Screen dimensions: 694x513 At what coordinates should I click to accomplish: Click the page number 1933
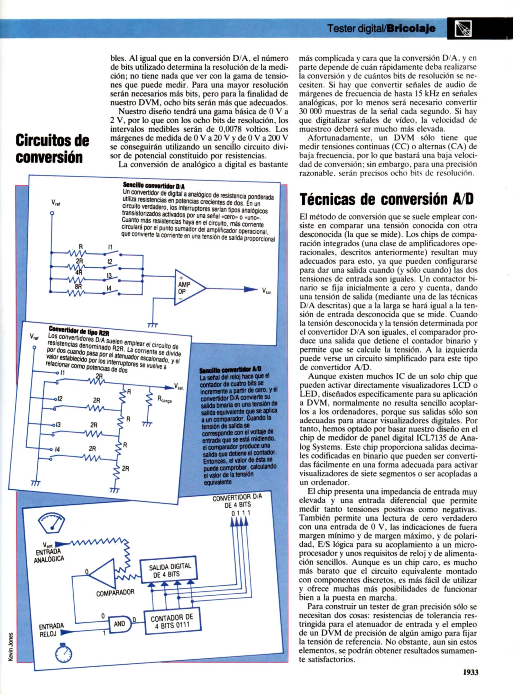(471, 672)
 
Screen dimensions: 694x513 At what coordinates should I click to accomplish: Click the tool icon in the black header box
(463, 29)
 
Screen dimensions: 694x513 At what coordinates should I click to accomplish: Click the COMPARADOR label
(115, 592)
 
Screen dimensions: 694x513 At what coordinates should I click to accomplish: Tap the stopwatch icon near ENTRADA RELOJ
(63, 653)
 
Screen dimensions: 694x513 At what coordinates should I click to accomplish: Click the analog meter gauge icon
(52, 522)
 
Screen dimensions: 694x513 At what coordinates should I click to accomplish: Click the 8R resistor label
(78, 286)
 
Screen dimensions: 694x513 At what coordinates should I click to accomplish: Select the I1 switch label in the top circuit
(110, 247)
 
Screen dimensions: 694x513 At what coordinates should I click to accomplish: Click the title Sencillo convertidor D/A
(154, 185)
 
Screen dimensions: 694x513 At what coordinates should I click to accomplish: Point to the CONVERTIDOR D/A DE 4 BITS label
(237, 501)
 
